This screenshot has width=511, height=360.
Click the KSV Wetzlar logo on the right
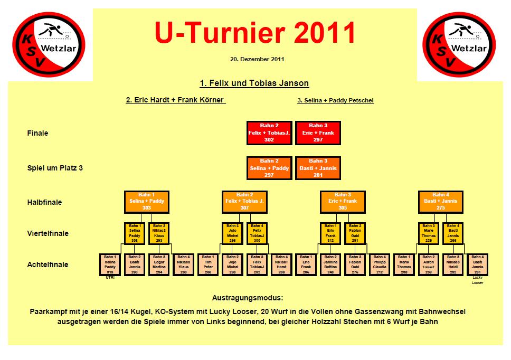[x=459, y=44]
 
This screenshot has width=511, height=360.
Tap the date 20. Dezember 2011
[x=257, y=59]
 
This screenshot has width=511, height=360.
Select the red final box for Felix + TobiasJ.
[x=269, y=133]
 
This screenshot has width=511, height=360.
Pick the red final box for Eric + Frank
[x=318, y=133]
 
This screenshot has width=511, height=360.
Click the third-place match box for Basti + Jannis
[x=318, y=168]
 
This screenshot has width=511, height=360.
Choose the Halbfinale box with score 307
[x=245, y=201]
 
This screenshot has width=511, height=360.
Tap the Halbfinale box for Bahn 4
[x=441, y=201]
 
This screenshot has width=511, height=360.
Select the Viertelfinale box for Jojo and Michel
[x=233, y=233]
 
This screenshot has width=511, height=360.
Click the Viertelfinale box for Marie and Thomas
[x=429, y=233]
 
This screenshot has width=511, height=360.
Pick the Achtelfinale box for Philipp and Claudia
[x=380, y=264]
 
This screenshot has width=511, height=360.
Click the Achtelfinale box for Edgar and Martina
[x=159, y=264]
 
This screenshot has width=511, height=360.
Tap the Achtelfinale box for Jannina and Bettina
[x=330, y=264]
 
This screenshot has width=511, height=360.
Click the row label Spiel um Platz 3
[x=55, y=168]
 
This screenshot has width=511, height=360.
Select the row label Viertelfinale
[x=48, y=233]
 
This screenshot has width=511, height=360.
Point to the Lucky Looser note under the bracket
[x=477, y=280]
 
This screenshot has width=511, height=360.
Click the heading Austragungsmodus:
[x=255, y=298]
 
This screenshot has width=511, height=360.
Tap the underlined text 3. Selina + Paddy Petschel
[x=335, y=100]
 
